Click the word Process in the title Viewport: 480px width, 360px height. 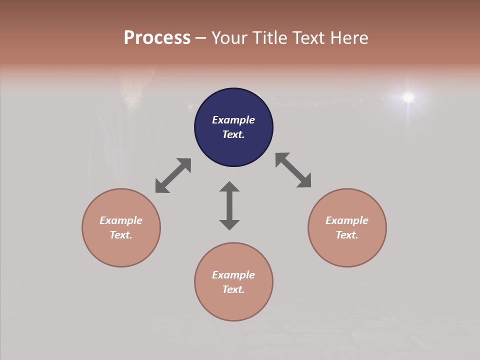click(x=157, y=38)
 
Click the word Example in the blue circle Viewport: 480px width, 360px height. click(x=233, y=120)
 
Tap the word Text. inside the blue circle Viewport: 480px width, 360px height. click(x=233, y=134)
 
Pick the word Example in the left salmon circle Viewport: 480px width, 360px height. click(x=121, y=220)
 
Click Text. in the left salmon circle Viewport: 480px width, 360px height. click(x=121, y=235)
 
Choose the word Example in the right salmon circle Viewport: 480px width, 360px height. click(x=347, y=220)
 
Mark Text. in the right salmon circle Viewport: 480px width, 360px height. click(x=347, y=235)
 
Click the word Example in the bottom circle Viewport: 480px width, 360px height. click(x=233, y=275)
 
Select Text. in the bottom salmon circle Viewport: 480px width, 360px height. click(x=233, y=289)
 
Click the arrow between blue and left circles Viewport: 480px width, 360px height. click(x=173, y=175)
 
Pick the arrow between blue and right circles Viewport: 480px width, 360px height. click(x=293, y=170)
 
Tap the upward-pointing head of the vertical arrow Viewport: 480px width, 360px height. click(x=229, y=186)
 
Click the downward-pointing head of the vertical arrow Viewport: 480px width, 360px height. click(x=229, y=224)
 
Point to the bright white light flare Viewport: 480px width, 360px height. click(x=408, y=96)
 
